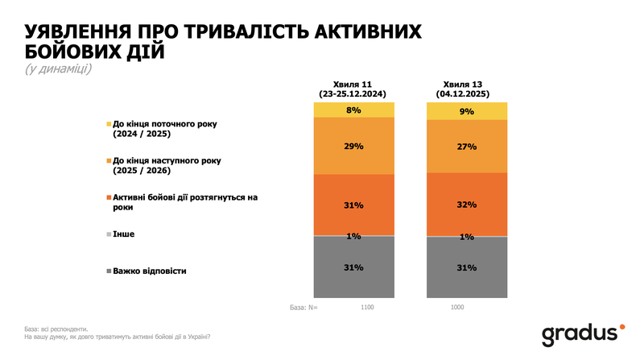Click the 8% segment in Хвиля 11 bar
pyautogui.click(x=354, y=110)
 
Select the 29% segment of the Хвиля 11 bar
pyautogui.click(x=354, y=147)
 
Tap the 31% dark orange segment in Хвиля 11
pyautogui.click(x=354, y=205)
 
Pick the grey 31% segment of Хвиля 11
pyautogui.click(x=354, y=267)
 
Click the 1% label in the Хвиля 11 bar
pyautogui.click(x=354, y=236)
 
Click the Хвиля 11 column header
pyautogui.click(x=354, y=89)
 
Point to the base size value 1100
pyautogui.click(x=366, y=307)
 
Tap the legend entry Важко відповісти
pyautogui.click(x=149, y=271)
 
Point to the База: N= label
pyautogui.click(x=304, y=307)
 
